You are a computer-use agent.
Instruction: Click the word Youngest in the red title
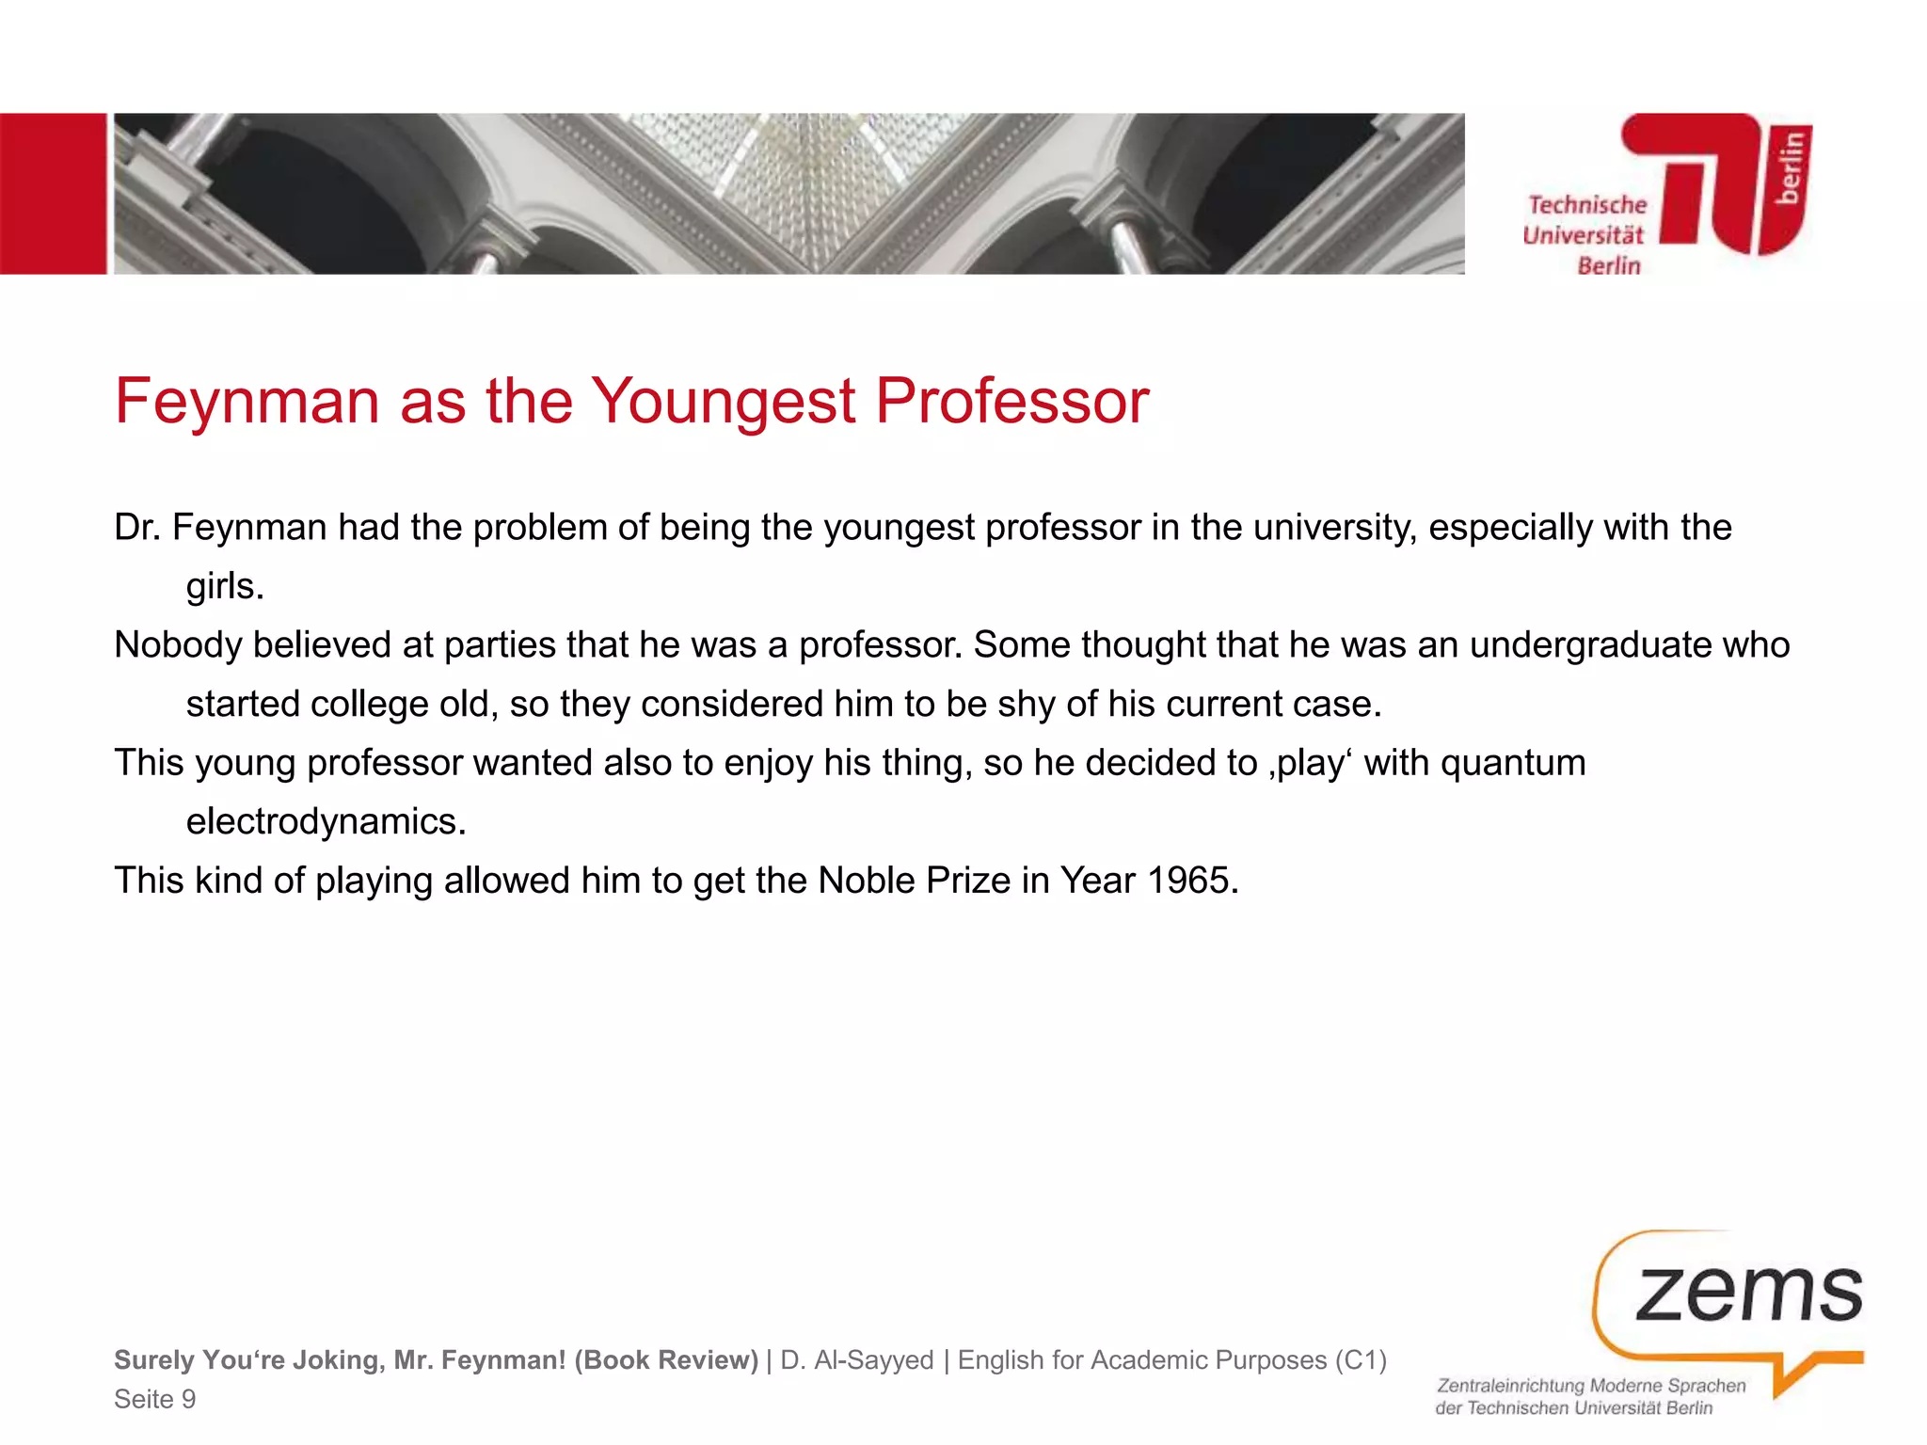click(724, 402)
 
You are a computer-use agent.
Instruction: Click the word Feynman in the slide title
click(247, 402)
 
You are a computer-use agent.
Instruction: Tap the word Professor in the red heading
click(1011, 402)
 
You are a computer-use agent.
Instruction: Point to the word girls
click(224, 586)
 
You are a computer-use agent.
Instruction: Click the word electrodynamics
click(326, 821)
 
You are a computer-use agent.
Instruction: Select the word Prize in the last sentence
click(968, 881)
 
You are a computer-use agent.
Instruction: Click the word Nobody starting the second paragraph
click(178, 645)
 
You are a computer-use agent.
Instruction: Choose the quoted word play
click(1309, 762)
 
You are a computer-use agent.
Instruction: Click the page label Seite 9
click(155, 1399)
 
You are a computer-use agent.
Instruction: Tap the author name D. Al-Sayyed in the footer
click(857, 1360)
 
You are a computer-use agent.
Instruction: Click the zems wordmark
click(1748, 1294)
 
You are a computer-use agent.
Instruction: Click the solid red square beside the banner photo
click(53, 194)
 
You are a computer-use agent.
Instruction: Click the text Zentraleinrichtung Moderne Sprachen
click(1590, 1386)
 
